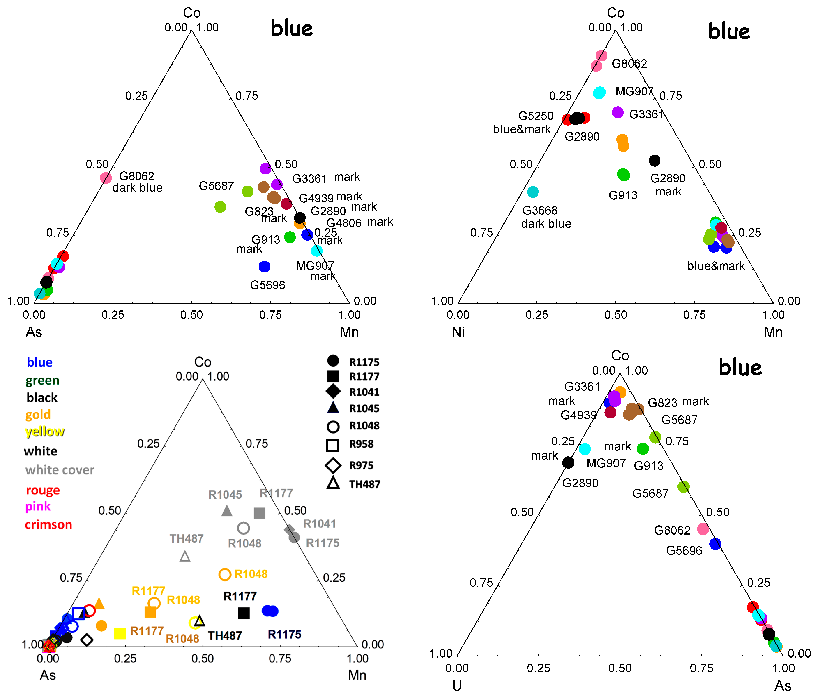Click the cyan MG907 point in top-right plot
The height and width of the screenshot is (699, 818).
pos(599,93)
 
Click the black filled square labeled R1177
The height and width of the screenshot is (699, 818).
pos(244,613)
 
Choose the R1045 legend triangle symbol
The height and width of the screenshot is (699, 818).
pos(333,408)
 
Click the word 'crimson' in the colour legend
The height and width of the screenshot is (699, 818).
pos(48,524)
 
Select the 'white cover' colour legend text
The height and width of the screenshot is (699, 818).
pos(60,470)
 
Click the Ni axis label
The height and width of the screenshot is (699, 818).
pos(458,332)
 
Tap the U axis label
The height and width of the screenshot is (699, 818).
pos(457,686)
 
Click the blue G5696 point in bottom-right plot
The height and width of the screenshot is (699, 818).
pos(715,544)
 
